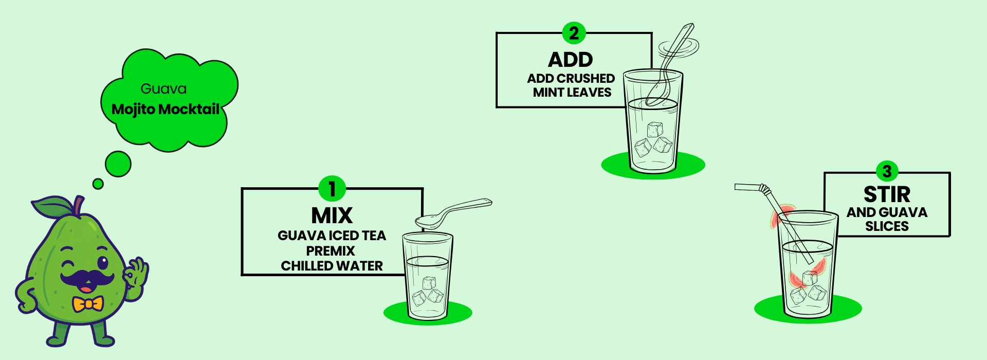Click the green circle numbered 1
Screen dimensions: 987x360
click(x=332, y=189)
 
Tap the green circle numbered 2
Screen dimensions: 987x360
click(x=574, y=33)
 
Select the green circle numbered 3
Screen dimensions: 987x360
click(x=887, y=172)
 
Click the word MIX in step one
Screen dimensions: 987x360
click(x=332, y=215)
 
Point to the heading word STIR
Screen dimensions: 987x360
click(x=887, y=194)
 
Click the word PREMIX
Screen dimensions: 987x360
click(x=331, y=251)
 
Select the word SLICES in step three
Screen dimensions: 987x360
click(x=887, y=226)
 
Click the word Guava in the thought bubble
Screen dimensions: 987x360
click(x=163, y=89)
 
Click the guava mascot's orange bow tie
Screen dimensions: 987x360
click(x=88, y=304)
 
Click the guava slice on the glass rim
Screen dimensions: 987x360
click(x=777, y=217)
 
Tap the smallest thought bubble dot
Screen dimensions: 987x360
click(x=98, y=184)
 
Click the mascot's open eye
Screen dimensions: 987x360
click(x=103, y=263)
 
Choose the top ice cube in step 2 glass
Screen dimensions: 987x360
click(x=655, y=129)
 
